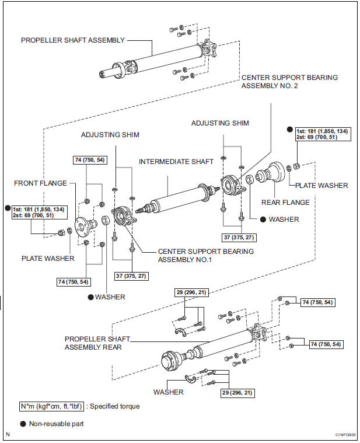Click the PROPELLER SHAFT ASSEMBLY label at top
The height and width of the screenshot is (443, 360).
pos(73,40)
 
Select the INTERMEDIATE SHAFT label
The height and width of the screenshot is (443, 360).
pos(176,162)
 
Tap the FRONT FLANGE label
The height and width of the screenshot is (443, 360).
pos(40,183)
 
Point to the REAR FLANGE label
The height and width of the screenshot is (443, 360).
pos(285,203)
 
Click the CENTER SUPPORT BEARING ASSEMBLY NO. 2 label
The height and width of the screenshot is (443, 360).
pos(289,82)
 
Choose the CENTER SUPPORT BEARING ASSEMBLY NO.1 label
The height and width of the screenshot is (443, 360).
pos(206,256)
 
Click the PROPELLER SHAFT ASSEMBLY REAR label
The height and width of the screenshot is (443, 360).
pos(97,343)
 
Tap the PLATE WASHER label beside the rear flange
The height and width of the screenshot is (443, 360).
pos(321,186)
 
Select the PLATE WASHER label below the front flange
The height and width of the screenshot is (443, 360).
pos(48,259)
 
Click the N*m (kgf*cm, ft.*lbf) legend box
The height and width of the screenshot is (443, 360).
pos(52,406)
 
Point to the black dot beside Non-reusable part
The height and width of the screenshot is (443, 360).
pos(23,424)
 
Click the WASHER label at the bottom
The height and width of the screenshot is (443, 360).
pos(168,392)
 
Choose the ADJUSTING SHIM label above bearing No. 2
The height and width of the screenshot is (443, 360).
pos(220,123)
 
